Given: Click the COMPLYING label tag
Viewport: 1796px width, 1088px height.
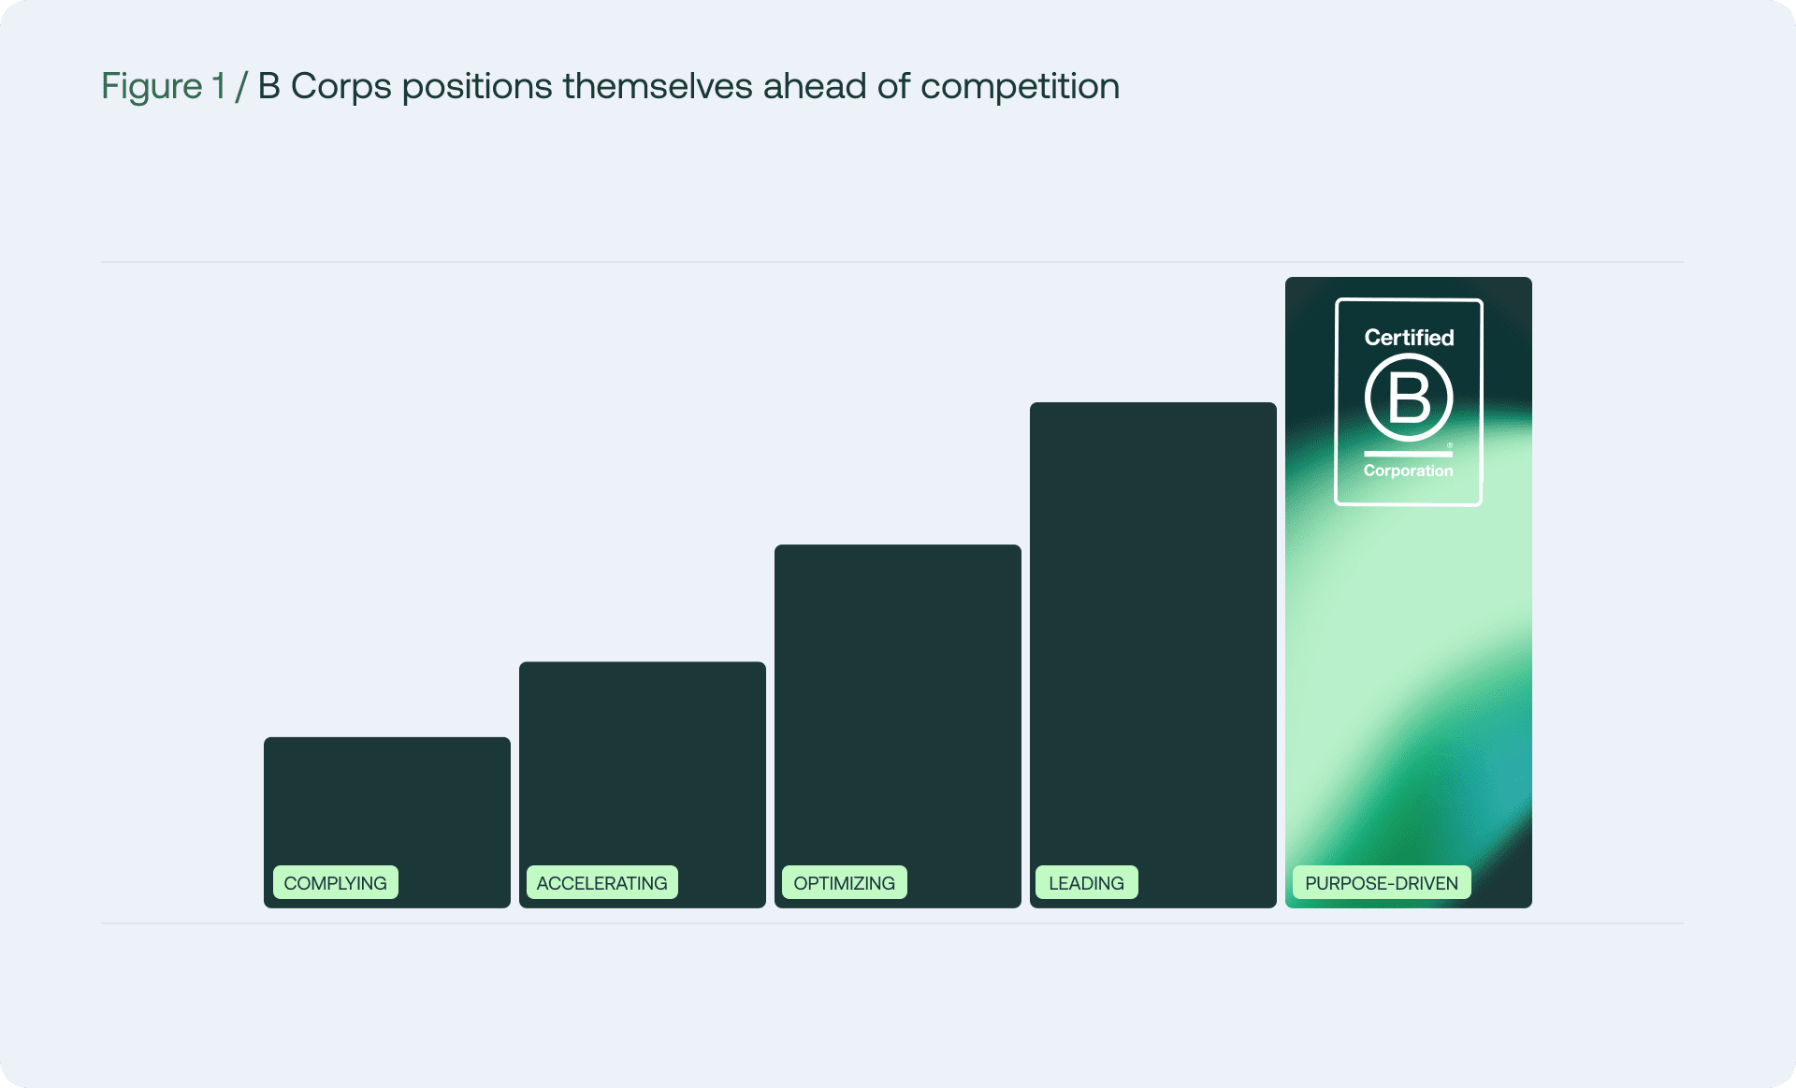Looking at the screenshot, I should [335, 882].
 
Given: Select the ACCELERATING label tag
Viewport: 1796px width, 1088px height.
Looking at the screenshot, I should [601, 882].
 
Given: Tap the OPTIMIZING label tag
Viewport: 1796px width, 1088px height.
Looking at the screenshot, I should [844, 882].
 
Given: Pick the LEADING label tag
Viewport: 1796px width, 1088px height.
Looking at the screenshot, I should [1086, 882].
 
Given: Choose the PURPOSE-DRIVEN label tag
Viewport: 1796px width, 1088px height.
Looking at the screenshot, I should [1381, 882].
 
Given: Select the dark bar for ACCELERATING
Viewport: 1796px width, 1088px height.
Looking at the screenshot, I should [642, 758].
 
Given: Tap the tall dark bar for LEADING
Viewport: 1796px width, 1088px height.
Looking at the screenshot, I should [1152, 627].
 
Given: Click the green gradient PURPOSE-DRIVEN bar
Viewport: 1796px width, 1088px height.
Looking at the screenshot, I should [1408, 655].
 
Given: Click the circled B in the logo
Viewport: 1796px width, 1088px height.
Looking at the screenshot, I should [1408, 398].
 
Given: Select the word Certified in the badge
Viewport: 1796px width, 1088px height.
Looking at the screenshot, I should [1409, 338].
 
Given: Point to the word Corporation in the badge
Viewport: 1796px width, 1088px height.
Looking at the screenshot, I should [1408, 471].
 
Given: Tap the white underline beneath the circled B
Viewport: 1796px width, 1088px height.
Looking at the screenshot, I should [1408, 454].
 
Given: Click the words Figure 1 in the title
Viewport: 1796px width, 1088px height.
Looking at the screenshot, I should [163, 86].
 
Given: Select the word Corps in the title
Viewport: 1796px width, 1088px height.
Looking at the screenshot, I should [340, 86].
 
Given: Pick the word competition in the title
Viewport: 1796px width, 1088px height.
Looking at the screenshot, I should [1020, 86].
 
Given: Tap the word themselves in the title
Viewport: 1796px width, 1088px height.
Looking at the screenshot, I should [657, 86].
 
